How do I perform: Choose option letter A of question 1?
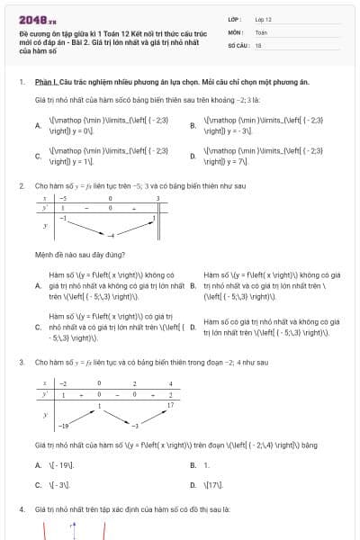38,125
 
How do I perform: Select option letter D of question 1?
193,156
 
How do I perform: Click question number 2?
21,185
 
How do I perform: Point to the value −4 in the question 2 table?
102,234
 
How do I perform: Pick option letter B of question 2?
193,285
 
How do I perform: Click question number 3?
21,362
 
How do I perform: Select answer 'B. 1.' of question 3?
200,465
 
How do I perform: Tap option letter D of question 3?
193,485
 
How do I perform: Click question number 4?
21,509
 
